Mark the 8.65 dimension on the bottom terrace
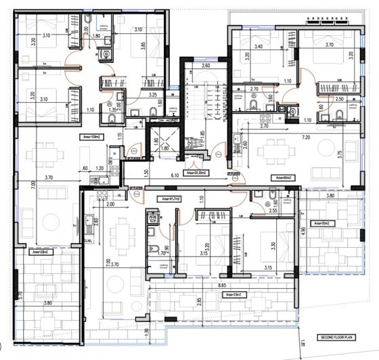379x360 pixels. click(221, 286)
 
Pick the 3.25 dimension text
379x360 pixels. click(153, 95)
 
